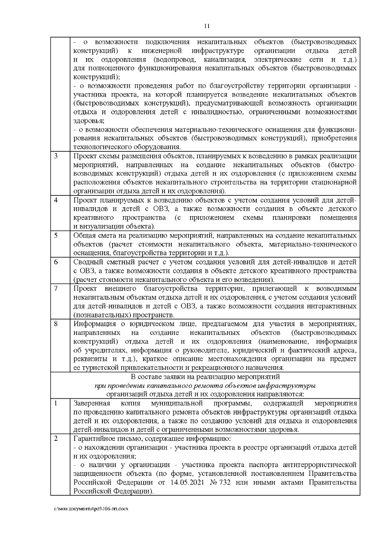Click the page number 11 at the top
[x=207, y=26]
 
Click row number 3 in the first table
[x=55, y=156]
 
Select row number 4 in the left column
[x=55, y=200]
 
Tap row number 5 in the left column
[x=55, y=235]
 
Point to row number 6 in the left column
[x=55, y=262]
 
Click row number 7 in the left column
[x=55, y=288]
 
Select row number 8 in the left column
[x=55, y=323]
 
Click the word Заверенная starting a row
[x=92, y=403]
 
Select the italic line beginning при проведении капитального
[x=205, y=385]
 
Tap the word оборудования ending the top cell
[x=159, y=147]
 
